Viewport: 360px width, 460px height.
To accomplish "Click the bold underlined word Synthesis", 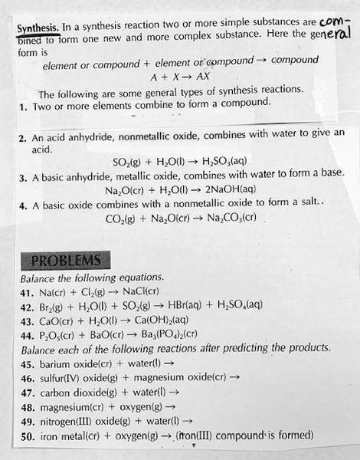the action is point(35,29).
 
